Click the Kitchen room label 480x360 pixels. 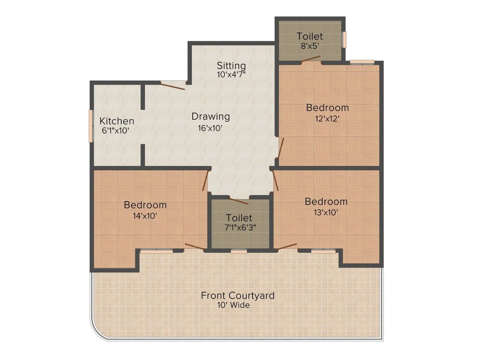point(117,121)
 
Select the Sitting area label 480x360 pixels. point(231,65)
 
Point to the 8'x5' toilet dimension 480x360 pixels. point(309,46)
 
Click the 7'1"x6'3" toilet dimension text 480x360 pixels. point(239,228)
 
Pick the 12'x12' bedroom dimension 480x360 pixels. point(327,118)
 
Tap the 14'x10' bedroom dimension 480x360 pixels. point(144,216)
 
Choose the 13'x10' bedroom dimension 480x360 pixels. point(326,212)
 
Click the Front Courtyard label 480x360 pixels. point(238,296)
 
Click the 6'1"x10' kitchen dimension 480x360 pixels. point(115,131)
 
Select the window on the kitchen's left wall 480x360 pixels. point(90,126)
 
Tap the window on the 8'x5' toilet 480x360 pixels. point(344,39)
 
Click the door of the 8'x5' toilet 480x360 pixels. point(311,59)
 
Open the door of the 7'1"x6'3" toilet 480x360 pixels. point(239,202)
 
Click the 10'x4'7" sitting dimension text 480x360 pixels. point(231,75)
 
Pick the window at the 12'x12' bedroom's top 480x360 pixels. point(362,61)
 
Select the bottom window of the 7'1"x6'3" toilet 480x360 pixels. point(239,252)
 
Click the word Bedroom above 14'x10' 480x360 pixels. point(145,205)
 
